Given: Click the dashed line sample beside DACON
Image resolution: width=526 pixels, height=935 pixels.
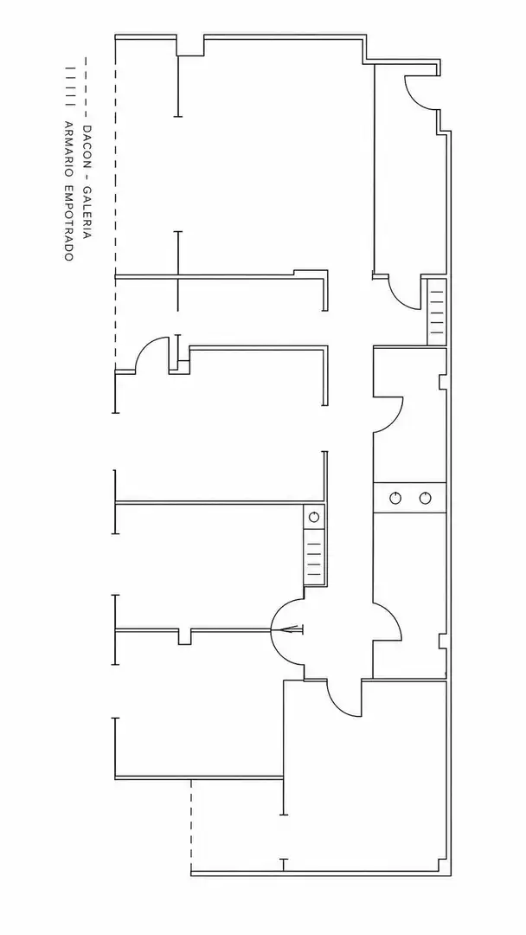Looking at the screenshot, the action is [x=87, y=87].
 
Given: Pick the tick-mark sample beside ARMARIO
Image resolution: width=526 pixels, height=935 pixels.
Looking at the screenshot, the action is [x=70, y=89].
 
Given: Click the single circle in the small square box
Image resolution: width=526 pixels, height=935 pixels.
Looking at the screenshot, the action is [x=314, y=517].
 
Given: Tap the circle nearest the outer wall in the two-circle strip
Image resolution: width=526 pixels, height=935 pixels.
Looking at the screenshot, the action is [x=425, y=498].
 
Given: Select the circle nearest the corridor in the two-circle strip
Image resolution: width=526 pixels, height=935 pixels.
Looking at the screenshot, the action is [x=395, y=498].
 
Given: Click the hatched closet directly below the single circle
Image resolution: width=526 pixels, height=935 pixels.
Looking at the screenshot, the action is [x=315, y=558].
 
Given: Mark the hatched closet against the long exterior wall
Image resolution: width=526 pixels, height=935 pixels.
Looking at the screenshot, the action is [x=437, y=312].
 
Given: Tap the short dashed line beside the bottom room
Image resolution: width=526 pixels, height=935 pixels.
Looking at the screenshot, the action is [x=191, y=825].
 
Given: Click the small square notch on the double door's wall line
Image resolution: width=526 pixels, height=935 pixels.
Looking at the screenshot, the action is [x=184, y=636].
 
